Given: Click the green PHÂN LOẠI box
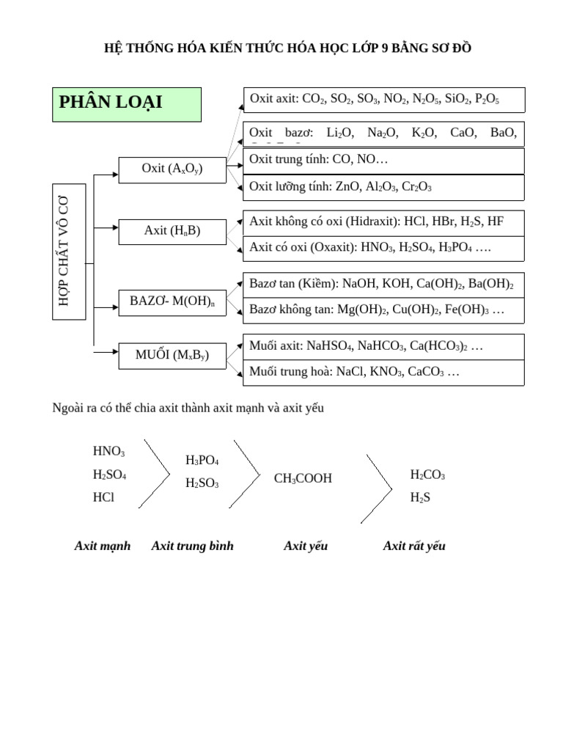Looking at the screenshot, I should pos(126,104).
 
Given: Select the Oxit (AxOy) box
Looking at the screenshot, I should pos(172,169).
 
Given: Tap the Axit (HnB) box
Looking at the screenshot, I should pos(172,231).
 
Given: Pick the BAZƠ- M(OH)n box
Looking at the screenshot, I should pos(172,301).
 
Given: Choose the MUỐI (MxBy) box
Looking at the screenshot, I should pos(172,356).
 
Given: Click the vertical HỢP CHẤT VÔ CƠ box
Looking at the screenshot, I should pos(70,252).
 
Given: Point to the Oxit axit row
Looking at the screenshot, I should pos(383,99).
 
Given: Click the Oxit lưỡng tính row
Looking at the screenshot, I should pos(383,187).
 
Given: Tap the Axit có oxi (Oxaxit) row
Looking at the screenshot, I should pos(383,248).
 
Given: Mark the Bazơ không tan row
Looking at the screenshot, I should pos(383,310).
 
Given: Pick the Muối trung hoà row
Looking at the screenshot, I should pos(383,373).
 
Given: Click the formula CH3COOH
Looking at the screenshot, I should pos(303,479).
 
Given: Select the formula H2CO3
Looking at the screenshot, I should pos(427,475).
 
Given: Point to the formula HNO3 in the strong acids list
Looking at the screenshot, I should pos(108,452).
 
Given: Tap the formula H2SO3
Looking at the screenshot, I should pos(202,483).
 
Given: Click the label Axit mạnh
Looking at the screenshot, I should pos(103,546).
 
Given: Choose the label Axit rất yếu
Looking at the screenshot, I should pos(414,546).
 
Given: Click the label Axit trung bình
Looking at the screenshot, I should pos(192,546).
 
